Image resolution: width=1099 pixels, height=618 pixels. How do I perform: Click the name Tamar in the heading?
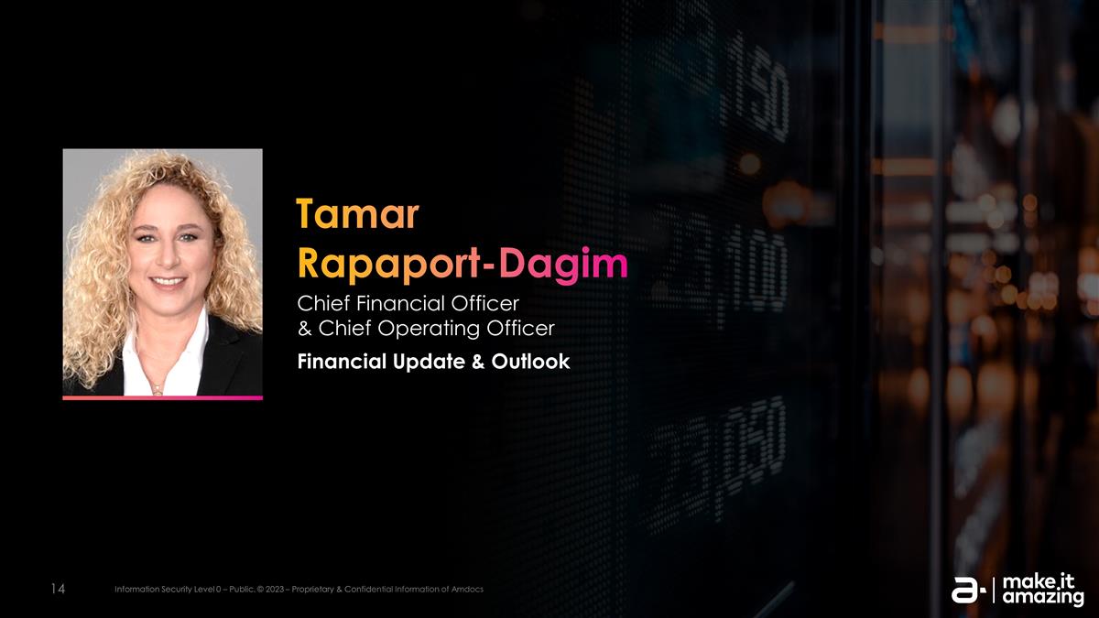[x=357, y=214]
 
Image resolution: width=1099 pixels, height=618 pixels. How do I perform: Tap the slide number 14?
[x=56, y=589]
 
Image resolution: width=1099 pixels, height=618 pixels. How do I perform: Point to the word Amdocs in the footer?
[x=465, y=589]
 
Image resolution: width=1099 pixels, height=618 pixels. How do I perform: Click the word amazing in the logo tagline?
[x=1043, y=599]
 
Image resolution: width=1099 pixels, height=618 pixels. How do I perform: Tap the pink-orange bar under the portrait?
[x=162, y=398]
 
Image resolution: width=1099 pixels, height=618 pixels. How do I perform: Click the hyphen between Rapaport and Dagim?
[x=491, y=266]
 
